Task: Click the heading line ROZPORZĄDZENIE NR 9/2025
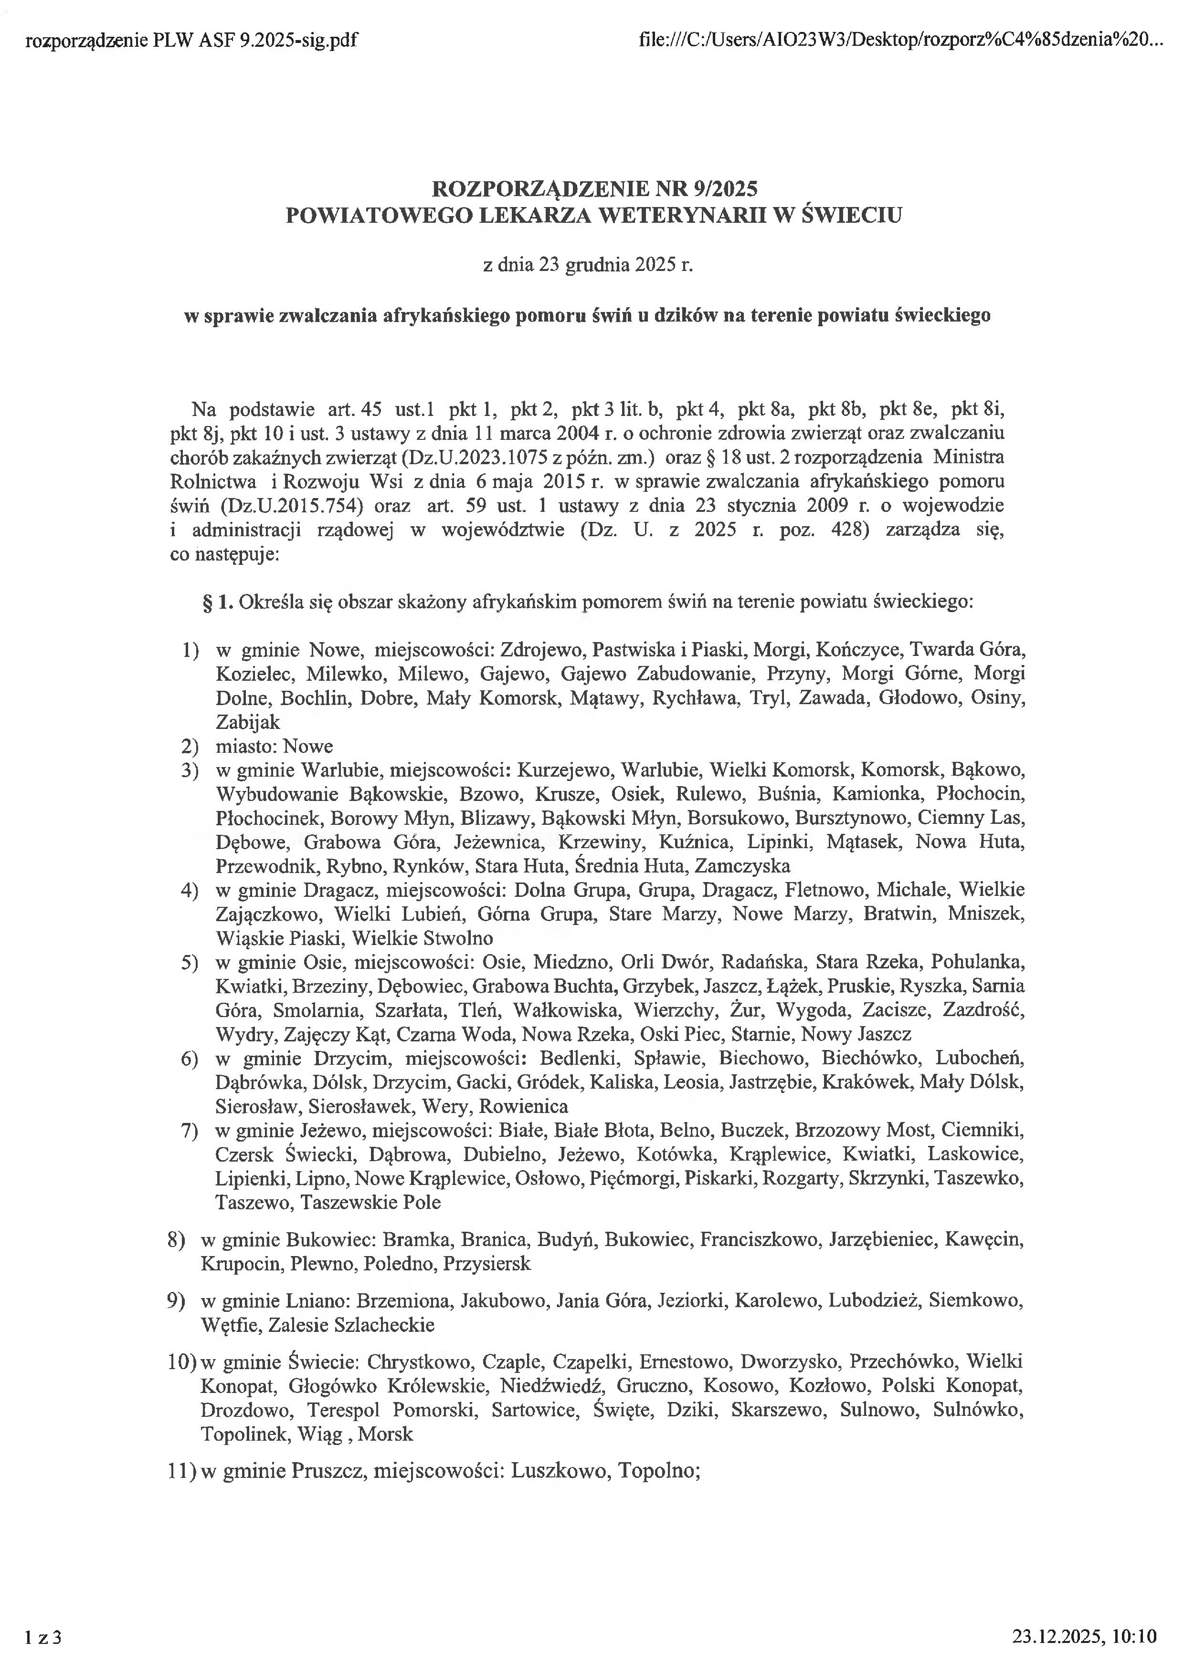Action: (x=594, y=189)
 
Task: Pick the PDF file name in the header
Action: (x=191, y=40)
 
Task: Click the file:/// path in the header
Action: (x=895, y=40)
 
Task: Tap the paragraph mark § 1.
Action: (x=217, y=602)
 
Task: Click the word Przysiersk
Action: (x=487, y=1264)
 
